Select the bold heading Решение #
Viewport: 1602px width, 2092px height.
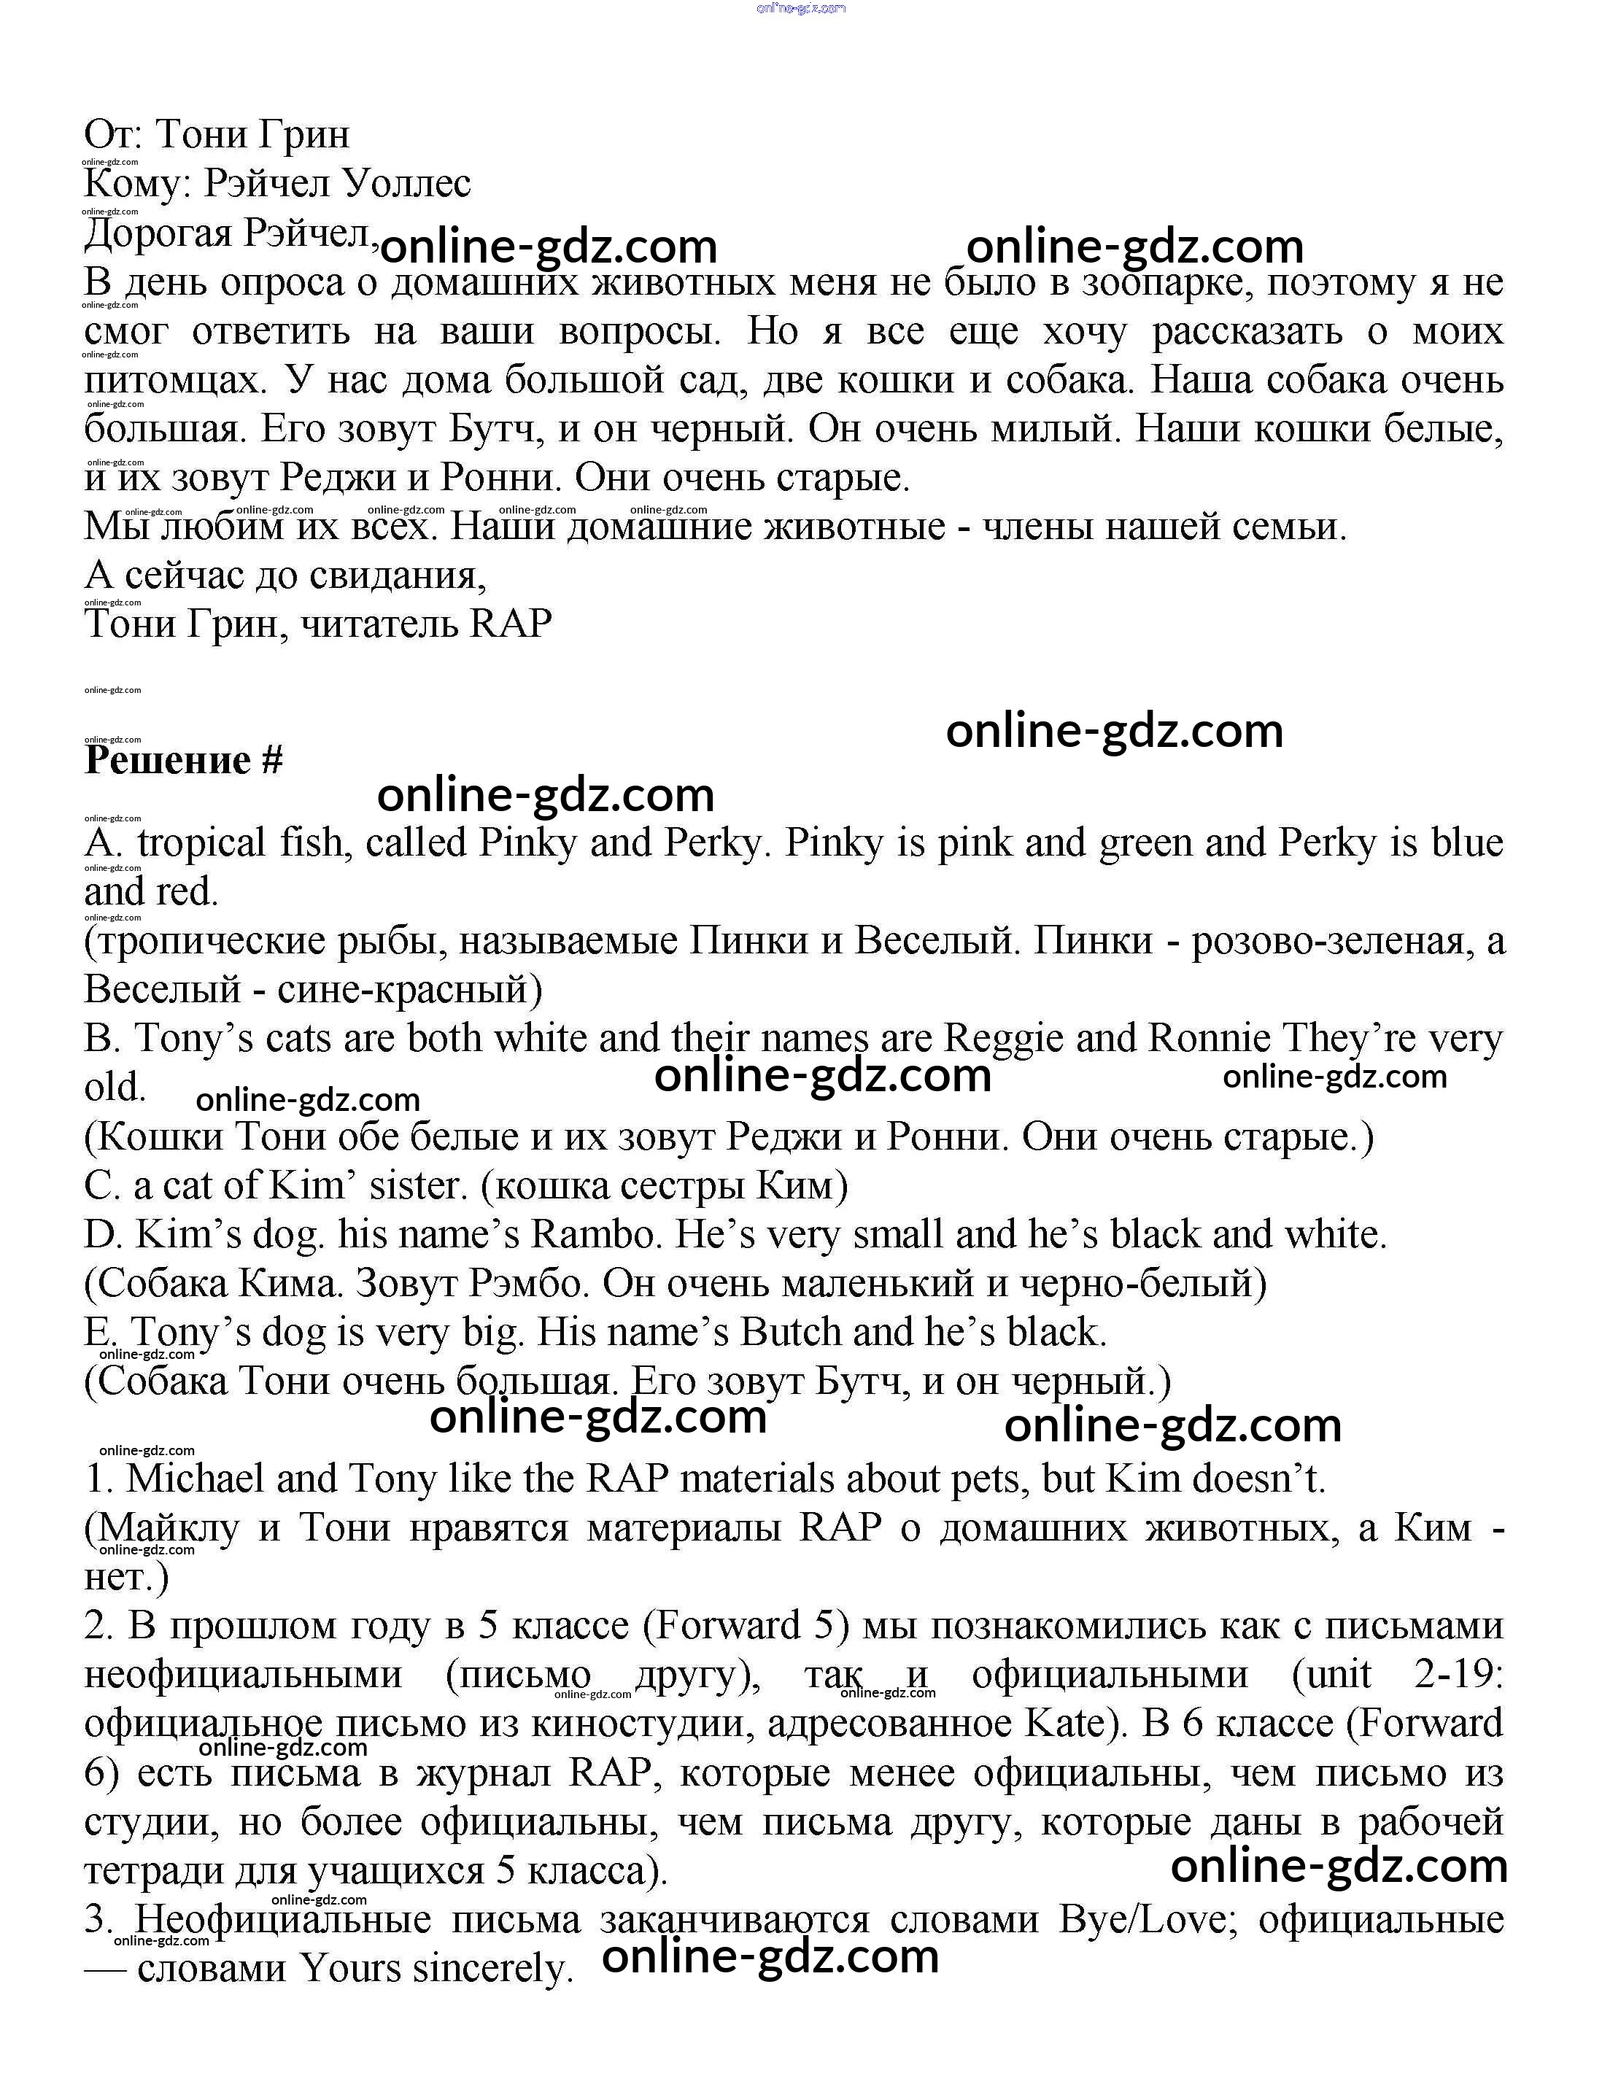[x=183, y=760]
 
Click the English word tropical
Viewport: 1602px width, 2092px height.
[x=200, y=843]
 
